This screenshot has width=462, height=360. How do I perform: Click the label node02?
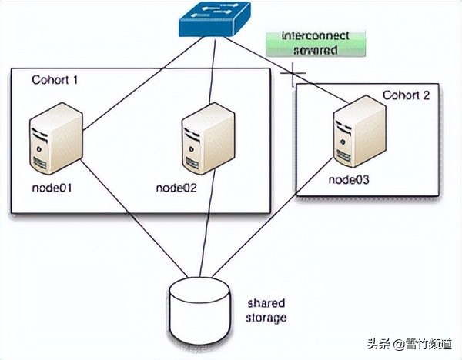click(x=178, y=187)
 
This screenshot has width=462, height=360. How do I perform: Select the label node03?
click(x=351, y=179)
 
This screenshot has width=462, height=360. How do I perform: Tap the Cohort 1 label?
click(x=55, y=80)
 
